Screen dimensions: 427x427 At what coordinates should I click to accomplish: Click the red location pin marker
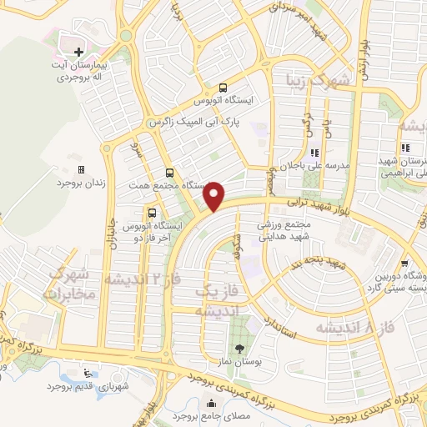[x=215, y=196]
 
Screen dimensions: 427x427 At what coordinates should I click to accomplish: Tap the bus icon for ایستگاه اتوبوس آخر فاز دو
[x=151, y=211]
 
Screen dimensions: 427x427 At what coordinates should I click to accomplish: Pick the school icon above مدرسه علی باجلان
[x=315, y=153]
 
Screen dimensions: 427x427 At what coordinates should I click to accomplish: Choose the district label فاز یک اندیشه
[x=212, y=300]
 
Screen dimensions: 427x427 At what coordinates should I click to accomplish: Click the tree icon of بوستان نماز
[x=240, y=349]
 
